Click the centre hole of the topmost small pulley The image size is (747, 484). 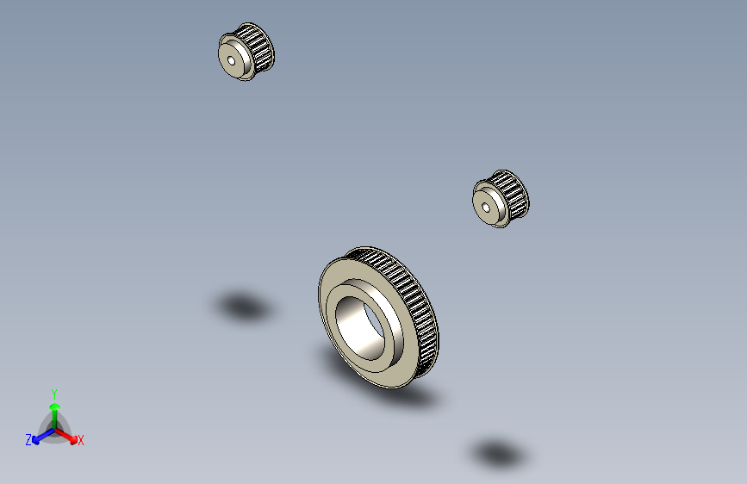pyautogui.click(x=232, y=60)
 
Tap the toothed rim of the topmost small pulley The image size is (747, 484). pyautogui.click(x=259, y=47)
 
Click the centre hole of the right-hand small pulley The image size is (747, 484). pyautogui.click(x=486, y=208)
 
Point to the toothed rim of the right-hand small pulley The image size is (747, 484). pyautogui.click(x=514, y=195)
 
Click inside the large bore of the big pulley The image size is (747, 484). pyautogui.click(x=359, y=328)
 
